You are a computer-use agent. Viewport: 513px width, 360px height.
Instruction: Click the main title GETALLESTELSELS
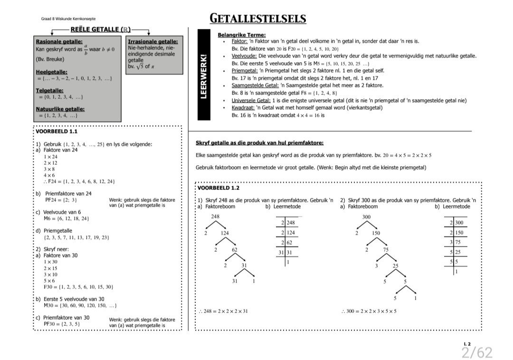pos(258,19)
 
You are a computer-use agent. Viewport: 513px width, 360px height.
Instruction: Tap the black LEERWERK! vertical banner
pos(204,76)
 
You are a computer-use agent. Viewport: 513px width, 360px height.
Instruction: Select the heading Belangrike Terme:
pos(241,35)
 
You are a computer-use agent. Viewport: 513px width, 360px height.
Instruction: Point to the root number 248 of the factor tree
pos(215,217)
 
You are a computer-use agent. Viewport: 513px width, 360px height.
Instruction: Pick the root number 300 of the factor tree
pos(366,217)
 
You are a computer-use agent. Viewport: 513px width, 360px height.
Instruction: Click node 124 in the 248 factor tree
pos(225,233)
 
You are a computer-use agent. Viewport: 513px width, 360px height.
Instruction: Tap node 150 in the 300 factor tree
pos(376,233)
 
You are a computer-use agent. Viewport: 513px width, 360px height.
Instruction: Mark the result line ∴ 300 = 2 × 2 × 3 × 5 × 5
pos(369,312)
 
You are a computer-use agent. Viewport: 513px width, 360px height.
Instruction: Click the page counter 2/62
pos(476,352)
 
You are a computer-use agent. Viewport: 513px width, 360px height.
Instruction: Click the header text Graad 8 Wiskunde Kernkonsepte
pos(68,19)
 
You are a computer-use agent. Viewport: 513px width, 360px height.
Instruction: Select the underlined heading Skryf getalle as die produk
pos(259,143)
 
